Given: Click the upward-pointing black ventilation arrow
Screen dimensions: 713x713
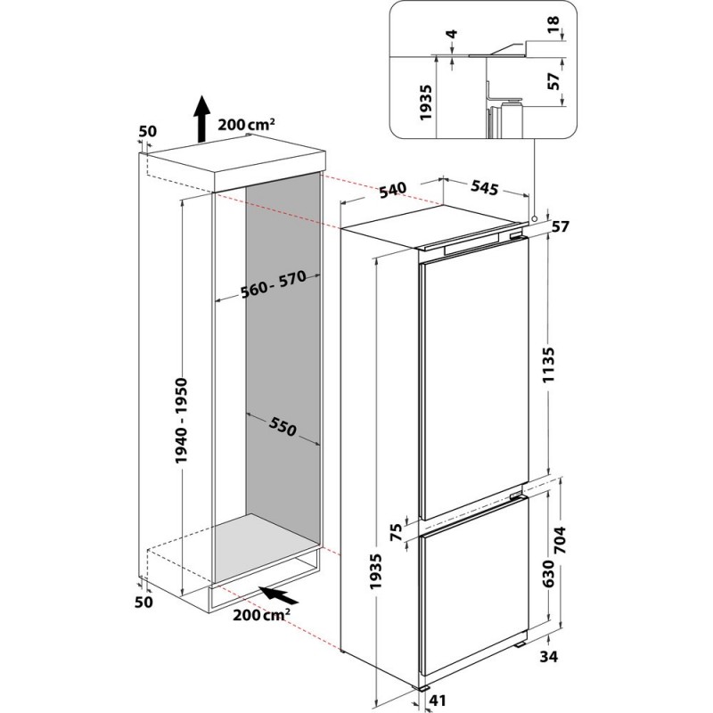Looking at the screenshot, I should (201, 121).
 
